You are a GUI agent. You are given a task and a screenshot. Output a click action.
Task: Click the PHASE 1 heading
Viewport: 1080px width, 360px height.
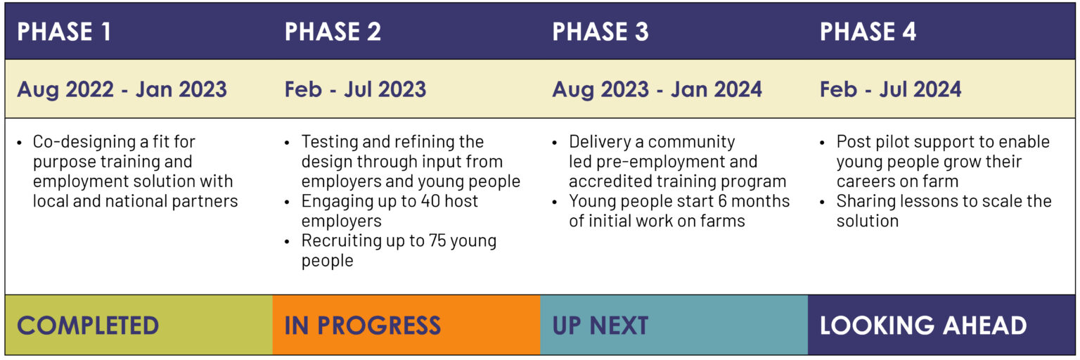(64, 32)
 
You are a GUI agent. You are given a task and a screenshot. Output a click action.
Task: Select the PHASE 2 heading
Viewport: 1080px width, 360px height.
(333, 32)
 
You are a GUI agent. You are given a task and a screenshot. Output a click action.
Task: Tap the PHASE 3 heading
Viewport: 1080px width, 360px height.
(600, 32)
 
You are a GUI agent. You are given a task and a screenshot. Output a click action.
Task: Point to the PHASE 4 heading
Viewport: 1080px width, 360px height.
(868, 32)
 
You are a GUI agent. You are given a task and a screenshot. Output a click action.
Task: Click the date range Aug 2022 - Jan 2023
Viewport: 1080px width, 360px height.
(122, 89)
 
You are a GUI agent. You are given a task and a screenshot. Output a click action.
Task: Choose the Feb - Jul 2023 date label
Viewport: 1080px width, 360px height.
(355, 89)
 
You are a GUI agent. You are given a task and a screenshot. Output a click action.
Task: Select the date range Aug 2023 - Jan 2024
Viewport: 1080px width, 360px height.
(657, 89)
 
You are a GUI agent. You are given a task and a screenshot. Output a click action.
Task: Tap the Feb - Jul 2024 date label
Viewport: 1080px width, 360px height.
(891, 89)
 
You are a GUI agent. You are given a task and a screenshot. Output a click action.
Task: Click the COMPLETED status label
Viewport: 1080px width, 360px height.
(88, 326)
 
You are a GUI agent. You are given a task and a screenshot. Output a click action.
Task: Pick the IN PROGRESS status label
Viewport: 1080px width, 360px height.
(363, 326)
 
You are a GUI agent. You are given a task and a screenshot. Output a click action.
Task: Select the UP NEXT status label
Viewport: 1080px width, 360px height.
(600, 326)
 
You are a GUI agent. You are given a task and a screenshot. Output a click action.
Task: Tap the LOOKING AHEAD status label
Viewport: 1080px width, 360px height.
(923, 326)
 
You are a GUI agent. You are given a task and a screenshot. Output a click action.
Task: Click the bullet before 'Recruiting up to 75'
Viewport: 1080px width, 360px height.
(287, 241)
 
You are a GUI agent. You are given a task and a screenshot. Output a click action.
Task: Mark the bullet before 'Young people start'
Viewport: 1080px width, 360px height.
(555, 202)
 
